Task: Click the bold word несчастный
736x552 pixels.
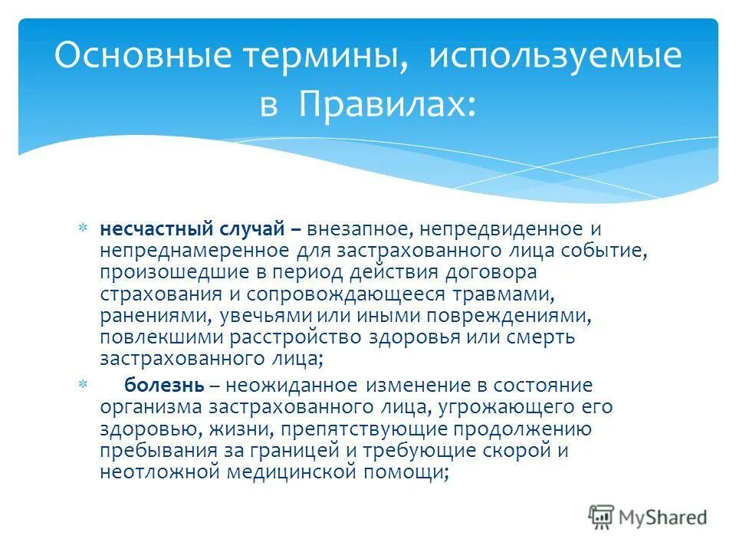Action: point(146,229)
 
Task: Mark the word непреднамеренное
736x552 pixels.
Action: point(176,251)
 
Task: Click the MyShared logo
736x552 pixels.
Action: point(647,517)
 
